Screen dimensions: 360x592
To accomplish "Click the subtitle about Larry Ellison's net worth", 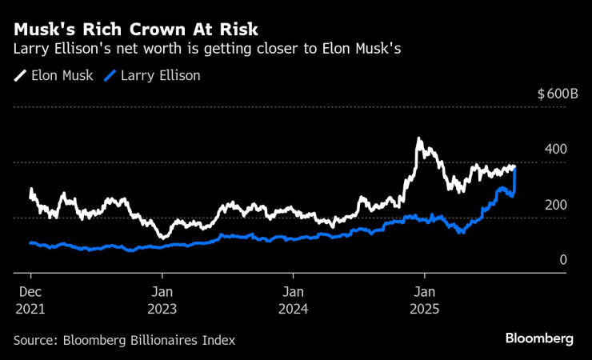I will (x=207, y=49).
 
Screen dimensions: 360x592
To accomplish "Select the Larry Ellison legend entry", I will (x=158, y=76).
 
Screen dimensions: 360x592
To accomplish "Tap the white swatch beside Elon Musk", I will (x=20, y=76).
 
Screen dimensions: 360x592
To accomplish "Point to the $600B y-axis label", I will (x=558, y=94).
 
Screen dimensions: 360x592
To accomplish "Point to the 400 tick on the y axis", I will (x=557, y=150).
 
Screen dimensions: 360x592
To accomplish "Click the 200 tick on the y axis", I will (x=557, y=205).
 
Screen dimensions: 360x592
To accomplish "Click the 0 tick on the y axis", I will (x=563, y=260).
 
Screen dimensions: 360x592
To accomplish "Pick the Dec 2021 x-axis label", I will (x=30, y=298).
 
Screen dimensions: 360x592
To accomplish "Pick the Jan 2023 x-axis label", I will (x=162, y=298).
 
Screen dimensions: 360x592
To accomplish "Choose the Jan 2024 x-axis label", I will (x=293, y=298).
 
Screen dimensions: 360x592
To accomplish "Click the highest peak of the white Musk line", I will (x=418, y=140).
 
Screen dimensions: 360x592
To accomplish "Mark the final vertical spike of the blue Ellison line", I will (x=514, y=179).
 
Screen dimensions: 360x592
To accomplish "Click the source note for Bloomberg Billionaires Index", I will (x=125, y=340).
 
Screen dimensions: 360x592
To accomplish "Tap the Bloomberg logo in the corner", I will (x=539, y=338).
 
